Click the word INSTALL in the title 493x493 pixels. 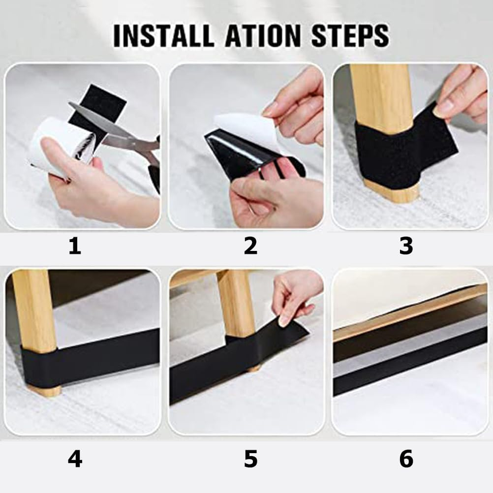click(x=163, y=35)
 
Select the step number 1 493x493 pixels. click(x=75, y=246)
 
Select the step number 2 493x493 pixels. click(x=250, y=246)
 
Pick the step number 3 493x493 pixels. click(x=406, y=246)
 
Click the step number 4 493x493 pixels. click(x=75, y=459)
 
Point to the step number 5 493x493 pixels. click(x=250, y=459)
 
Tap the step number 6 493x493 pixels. click(x=406, y=459)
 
